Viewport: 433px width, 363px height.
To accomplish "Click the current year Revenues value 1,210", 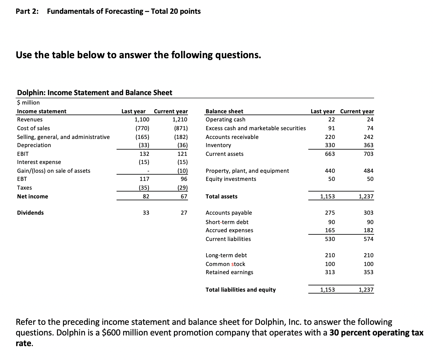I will tap(180, 120).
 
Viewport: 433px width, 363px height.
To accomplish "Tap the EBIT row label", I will tap(23, 154).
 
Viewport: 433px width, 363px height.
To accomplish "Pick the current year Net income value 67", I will tap(184, 197).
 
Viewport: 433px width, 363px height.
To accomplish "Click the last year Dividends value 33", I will tap(146, 213).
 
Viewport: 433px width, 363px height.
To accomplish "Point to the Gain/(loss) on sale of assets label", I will tap(54, 171).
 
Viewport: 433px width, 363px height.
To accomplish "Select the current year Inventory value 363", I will tap(368, 145).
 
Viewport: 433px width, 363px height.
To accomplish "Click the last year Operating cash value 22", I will tap(331, 120).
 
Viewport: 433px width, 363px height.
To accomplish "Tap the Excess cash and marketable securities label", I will tap(256, 128).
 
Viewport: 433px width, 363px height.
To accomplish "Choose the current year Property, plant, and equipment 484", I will tap(368, 171).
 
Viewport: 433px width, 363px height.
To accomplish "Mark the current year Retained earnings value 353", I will tap(368, 272).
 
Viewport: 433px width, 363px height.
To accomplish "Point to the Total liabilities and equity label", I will tap(241, 290).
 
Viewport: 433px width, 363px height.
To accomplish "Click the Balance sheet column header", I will tap(224, 111).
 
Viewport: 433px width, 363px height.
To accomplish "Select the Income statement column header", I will tap(42, 111).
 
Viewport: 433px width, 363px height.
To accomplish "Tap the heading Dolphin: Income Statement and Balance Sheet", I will tap(94, 93).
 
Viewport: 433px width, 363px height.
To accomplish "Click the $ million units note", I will tap(28, 103).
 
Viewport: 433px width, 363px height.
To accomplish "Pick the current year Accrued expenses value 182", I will tap(368, 230).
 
